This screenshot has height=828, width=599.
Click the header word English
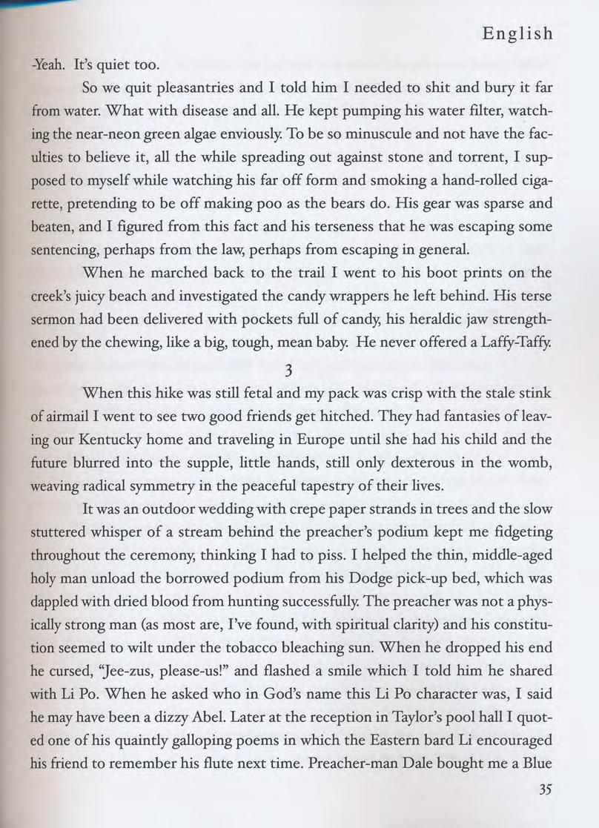[x=517, y=33]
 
